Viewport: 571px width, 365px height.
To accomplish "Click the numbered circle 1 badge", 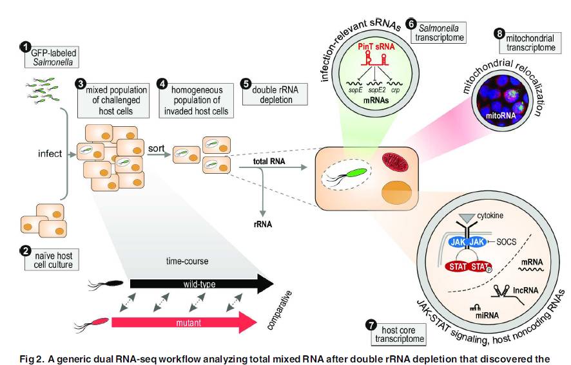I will tap(25, 46).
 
